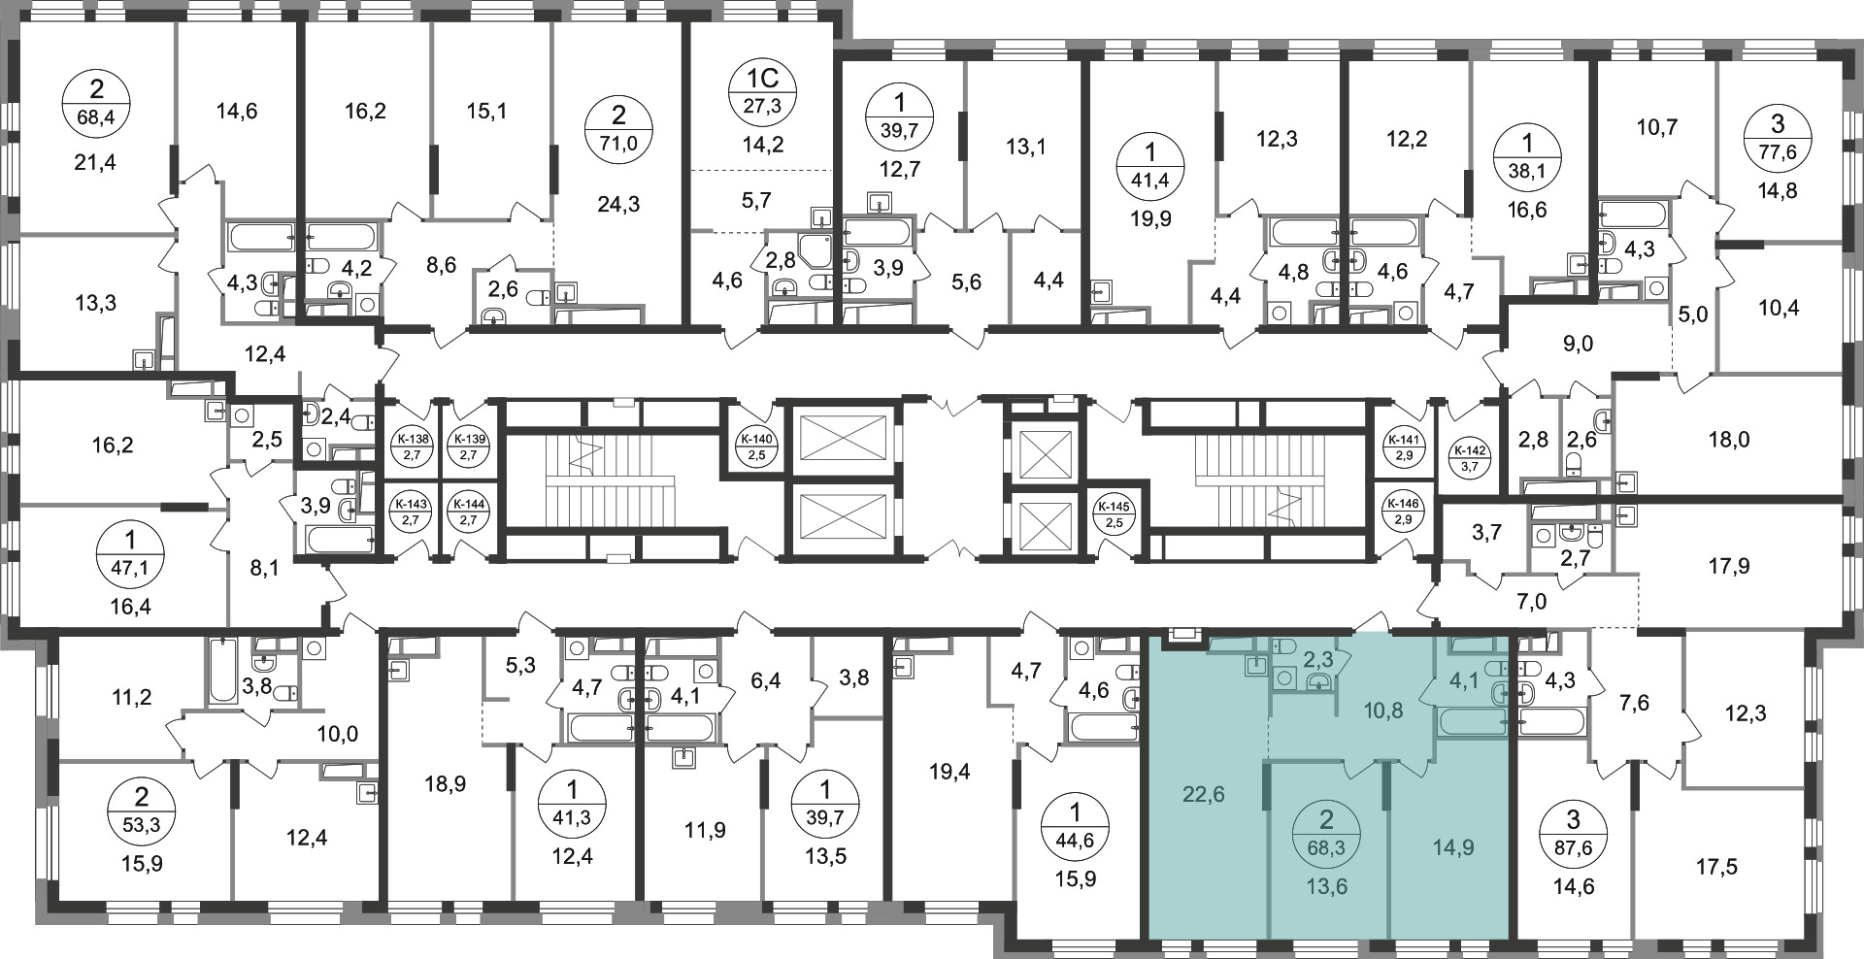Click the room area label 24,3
pos(618,205)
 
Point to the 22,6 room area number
pos(1204,795)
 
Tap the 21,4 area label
pos(95,162)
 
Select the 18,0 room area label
pos(1729,440)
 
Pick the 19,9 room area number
pos(1151,218)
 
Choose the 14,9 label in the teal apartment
pos(1452,847)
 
